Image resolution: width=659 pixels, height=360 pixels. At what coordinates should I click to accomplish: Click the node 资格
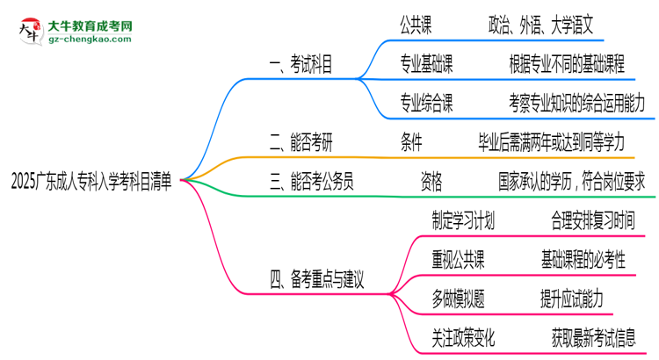(x=431, y=182)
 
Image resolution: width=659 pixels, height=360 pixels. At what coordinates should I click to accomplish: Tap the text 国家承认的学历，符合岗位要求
(x=572, y=182)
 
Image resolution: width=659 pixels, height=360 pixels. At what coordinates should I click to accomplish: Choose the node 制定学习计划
(x=463, y=220)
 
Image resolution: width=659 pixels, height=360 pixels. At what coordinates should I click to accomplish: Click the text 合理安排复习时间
(x=593, y=220)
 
